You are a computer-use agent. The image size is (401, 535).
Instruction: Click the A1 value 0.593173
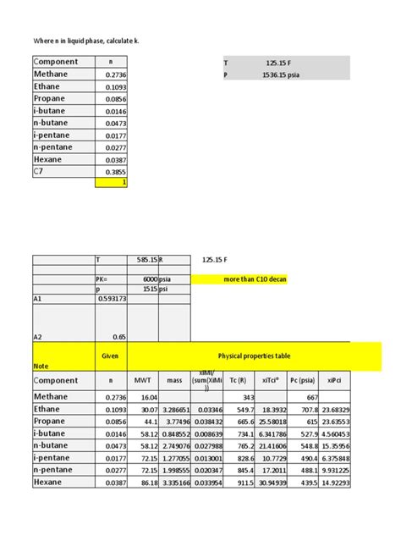tap(111, 299)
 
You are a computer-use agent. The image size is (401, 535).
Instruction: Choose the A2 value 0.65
tap(119, 336)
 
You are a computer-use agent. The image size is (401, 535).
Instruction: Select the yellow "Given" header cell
tap(109, 357)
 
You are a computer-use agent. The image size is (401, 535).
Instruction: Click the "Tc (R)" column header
tap(243, 381)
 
